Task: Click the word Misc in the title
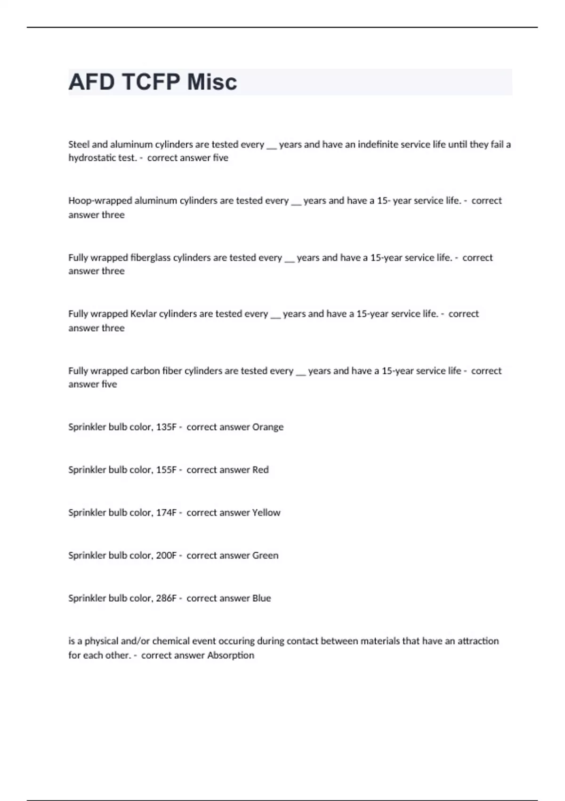point(212,82)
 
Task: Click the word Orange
point(268,427)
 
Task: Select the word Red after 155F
point(260,470)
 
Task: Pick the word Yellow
point(266,513)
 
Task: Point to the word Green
point(265,556)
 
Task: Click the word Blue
point(261,598)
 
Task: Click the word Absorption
point(231,655)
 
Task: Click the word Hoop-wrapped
point(100,201)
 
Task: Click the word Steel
point(79,144)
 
